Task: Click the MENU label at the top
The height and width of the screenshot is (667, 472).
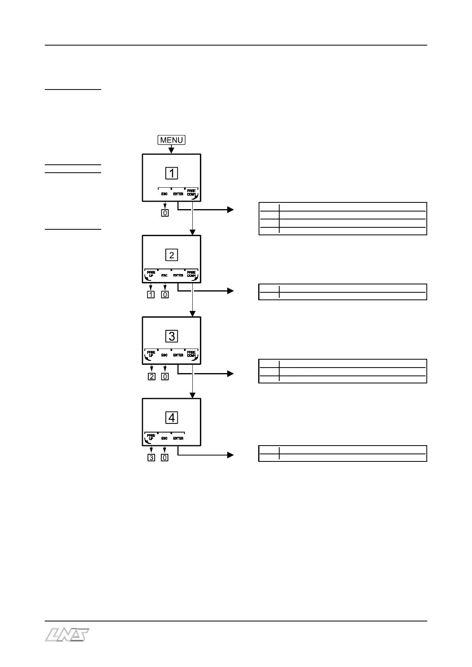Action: (171, 140)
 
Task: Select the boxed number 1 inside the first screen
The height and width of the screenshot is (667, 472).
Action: (172, 173)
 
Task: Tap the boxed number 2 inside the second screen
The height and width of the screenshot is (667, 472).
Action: (172, 255)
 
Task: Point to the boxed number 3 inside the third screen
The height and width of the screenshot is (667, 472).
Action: (172, 336)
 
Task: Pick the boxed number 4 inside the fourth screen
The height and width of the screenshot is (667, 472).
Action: (172, 417)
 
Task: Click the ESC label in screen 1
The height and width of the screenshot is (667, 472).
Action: (164, 194)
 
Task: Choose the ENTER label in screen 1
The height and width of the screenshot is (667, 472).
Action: (178, 194)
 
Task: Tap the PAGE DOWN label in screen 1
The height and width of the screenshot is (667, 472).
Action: (192, 193)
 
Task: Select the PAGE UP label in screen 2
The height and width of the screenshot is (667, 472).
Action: (151, 274)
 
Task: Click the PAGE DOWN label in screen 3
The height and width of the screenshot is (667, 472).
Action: (192, 354)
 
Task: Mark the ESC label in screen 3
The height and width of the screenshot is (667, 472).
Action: (164, 355)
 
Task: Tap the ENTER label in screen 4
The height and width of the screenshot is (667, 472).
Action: (178, 438)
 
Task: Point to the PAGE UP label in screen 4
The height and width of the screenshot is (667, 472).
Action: (151, 437)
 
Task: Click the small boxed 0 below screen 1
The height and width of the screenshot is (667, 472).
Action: (165, 213)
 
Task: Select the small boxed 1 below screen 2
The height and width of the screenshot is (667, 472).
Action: (151, 294)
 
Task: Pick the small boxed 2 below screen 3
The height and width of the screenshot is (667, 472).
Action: (151, 377)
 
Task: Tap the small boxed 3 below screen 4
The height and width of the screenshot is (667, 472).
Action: (151, 458)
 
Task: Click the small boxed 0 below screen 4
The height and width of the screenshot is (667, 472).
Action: (165, 458)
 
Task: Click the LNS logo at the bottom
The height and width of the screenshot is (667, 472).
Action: (67, 635)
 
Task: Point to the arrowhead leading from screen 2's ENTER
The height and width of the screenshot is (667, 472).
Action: (230, 291)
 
